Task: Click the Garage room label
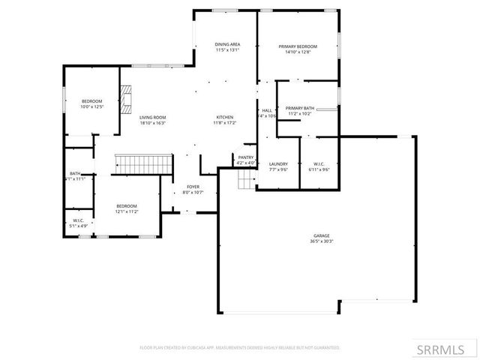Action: [x=322, y=235]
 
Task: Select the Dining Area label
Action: [x=227, y=45]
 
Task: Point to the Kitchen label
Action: [x=225, y=117]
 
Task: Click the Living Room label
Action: [x=152, y=117]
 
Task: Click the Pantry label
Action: [x=246, y=157]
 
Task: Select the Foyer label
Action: [x=193, y=187]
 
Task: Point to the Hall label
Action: [x=267, y=110]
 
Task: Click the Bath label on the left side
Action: [x=75, y=173]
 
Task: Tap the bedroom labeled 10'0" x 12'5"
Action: [x=91, y=101]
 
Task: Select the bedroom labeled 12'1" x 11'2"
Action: [x=126, y=206]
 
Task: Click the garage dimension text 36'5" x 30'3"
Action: [x=322, y=241]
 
